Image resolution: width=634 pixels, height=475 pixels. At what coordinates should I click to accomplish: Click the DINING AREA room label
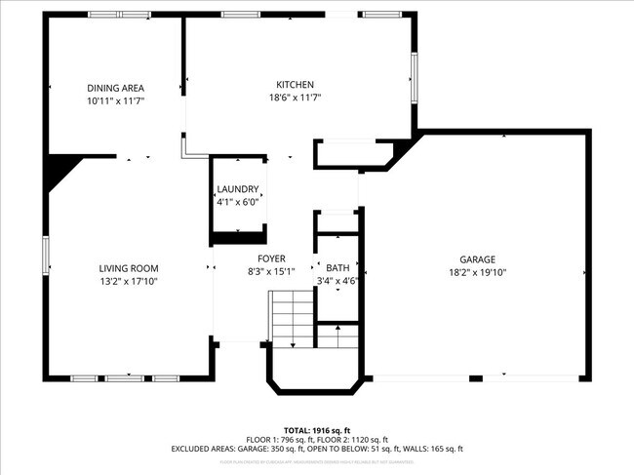coord(115,88)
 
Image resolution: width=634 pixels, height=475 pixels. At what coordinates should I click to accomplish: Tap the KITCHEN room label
coord(296,85)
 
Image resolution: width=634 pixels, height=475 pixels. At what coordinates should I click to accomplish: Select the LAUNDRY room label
coord(237,189)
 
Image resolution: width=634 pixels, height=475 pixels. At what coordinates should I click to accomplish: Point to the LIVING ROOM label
coord(128,268)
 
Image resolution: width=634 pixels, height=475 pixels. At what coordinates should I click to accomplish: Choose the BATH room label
coord(337,268)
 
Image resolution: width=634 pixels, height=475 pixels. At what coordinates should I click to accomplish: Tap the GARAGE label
coord(478,259)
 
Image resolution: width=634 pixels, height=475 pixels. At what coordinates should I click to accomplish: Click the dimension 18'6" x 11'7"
coord(296,98)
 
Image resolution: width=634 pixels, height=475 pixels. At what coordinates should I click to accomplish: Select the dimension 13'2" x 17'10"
coord(128,281)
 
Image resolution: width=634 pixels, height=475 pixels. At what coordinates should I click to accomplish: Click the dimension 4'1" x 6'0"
coord(237,202)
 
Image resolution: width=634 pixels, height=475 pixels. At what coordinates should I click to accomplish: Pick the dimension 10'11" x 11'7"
coord(115,100)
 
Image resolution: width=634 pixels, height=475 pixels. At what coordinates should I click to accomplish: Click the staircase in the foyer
coord(290,317)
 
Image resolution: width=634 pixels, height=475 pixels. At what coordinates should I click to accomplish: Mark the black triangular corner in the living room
coord(60,170)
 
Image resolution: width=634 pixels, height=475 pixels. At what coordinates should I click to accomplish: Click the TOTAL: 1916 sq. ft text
coord(317,430)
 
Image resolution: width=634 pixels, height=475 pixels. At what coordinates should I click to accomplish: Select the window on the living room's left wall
coord(45,256)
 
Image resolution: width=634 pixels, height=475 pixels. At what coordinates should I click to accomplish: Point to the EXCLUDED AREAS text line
coord(317,449)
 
